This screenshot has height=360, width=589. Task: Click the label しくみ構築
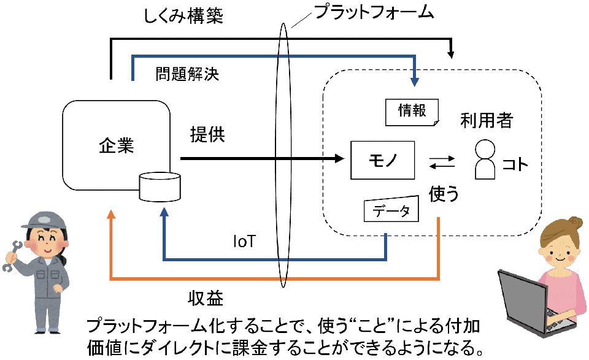tap(183, 16)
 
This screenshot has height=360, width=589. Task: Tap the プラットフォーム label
tap(374, 12)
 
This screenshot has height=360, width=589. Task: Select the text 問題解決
tap(187, 74)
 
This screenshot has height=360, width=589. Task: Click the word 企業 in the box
tap(117, 145)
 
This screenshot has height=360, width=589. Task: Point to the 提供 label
tap(207, 134)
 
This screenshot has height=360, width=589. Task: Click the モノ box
tap(382, 160)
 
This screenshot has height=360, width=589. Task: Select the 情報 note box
tap(412, 112)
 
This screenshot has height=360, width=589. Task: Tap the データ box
tap(391, 209)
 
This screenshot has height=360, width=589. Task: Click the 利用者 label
tap(487, 120)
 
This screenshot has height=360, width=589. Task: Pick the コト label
tap(515, 164)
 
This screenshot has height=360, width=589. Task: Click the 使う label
tap(444, 194)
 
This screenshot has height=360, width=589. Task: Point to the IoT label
tap(244, 242)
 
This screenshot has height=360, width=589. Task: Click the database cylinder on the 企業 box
tap(160, 186)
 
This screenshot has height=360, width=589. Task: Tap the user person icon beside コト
tap(485, 159)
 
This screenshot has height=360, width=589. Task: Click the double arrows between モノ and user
tap(442, 163)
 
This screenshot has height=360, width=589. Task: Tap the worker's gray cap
tap(43, 220)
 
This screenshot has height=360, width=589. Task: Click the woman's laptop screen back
tap(522, 301)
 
